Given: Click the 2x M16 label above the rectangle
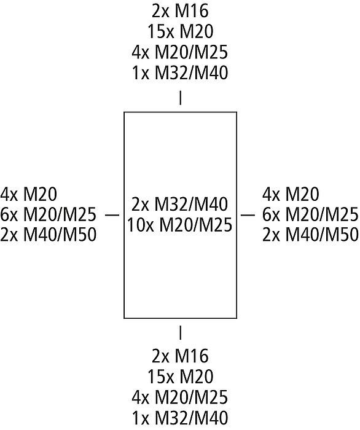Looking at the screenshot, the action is (180, 11).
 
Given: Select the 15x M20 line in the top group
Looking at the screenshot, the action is (180, 31).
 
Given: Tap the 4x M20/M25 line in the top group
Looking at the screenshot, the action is (180, 52).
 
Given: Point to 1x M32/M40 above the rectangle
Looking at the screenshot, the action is (180, 73).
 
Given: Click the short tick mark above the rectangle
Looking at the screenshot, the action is (180, 98).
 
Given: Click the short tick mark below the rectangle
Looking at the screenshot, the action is (180, 332).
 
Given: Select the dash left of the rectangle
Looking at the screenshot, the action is (112, 215).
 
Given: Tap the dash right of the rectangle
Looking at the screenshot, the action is (248, 215).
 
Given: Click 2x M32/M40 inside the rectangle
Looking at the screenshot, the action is (180, 205).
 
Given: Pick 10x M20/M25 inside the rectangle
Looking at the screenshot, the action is (180, 225).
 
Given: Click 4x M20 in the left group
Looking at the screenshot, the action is (28, 194).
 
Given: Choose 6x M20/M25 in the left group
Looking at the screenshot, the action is (49, 215).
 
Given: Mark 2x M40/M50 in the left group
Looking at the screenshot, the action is (49, 235).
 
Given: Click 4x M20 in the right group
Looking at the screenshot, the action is (291, 194).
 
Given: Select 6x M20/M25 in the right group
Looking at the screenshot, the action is (311, 215).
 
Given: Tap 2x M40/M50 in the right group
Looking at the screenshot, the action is (311, 235).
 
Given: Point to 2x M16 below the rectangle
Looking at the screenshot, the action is (180, 356).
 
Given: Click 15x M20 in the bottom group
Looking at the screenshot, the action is (180, 376).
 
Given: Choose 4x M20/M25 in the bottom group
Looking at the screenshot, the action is (180, 397).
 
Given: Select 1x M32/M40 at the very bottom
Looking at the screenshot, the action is (180, 418).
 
